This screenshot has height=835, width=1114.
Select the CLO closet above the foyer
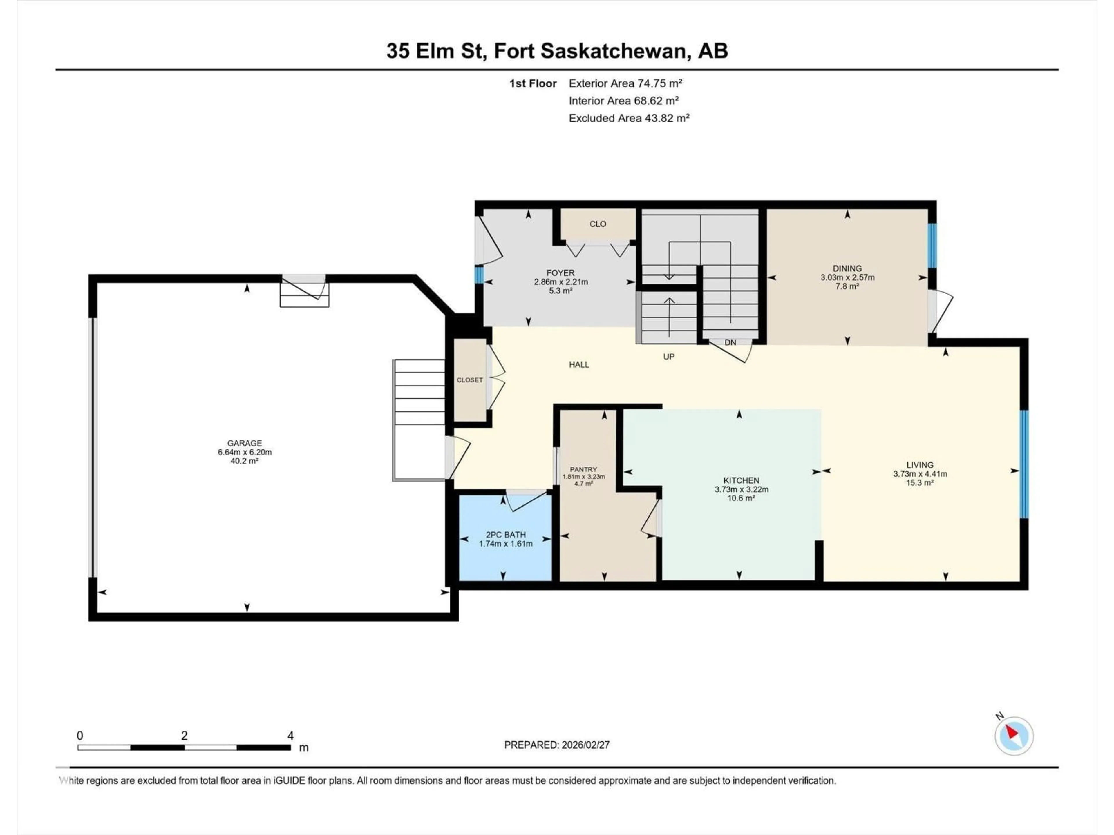(x=598, y=224)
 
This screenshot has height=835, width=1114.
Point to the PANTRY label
(x=583, y=469)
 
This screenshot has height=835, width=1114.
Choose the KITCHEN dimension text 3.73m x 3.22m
(x=741, y=489)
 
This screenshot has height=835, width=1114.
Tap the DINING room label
(x=847, y=268)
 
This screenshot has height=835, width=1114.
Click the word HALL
(x=579, y=364)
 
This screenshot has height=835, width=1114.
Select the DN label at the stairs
(x=730, y=342)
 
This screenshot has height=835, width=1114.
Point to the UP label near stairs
(x=668, y=356)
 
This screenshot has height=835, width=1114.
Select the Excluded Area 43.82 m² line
(x=629, y=118)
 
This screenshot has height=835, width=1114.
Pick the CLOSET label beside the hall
(x=469, y=380)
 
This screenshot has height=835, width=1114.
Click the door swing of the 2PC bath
(x=525, y=500)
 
